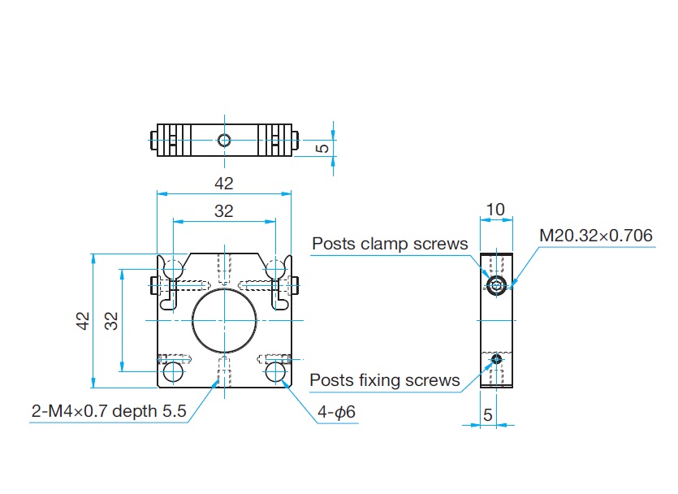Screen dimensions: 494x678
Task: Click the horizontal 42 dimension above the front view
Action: click(x=224, y=184)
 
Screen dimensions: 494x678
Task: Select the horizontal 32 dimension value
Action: click(x=224, y=211)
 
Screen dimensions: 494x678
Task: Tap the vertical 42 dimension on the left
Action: click(x=83, y=321)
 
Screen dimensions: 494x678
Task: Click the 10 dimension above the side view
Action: click(x=494, y=210)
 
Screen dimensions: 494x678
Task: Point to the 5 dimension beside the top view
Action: click(x=322, y=149)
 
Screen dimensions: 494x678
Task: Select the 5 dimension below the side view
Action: click(x=487, y=414)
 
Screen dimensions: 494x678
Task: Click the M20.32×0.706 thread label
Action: click(x=596, y=236)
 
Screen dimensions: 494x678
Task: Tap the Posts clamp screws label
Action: click(x=390, y=244)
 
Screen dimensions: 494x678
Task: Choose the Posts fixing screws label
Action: click(x=385, y=380)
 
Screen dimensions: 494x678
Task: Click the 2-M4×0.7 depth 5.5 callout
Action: click(x=109, y=412)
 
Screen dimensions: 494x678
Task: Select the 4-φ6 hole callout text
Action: click(x=336, y=413)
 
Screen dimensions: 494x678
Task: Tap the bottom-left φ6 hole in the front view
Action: click(x=173, y=372)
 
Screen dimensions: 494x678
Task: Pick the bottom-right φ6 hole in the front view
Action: click(x=275, y=372)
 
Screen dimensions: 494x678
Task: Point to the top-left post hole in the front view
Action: click(x=173, y=268)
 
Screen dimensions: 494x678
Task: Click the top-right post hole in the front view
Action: click(x=275, y=268)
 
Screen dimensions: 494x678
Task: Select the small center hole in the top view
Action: click(x=224, y=140)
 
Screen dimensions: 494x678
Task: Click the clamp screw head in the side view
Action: click(x=496, y=284)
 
